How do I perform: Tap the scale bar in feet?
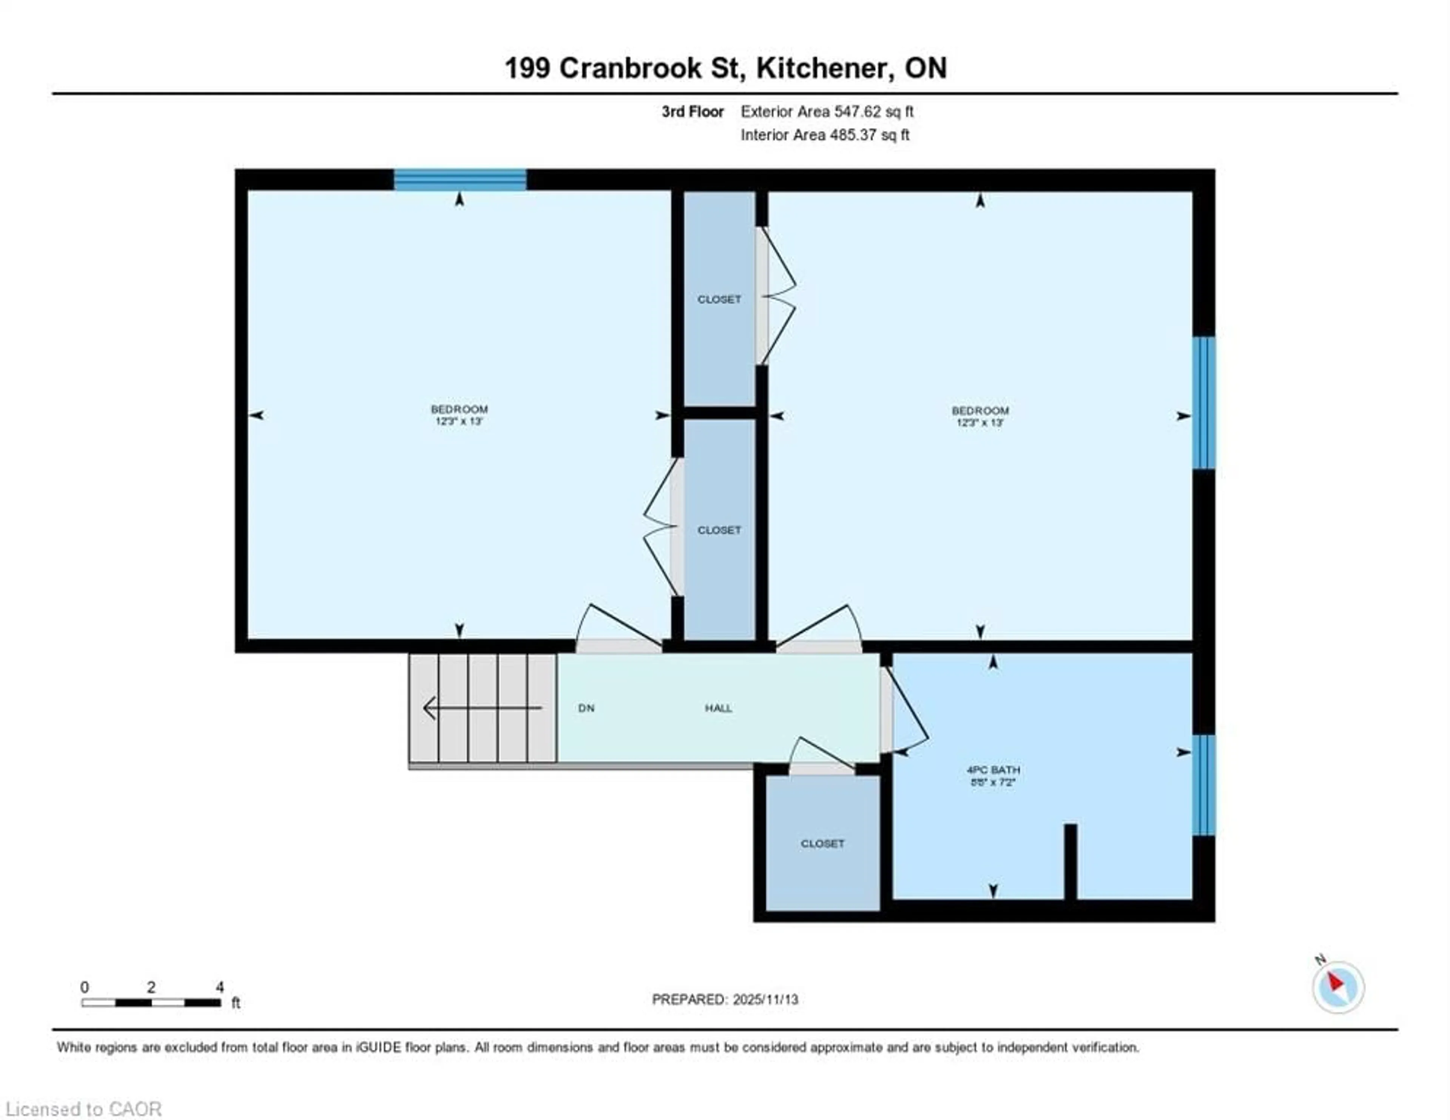pyautogui.click(x=151, y=1003)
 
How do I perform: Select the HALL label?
pyautogui.click(x=718, y=709)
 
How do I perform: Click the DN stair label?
pyautogui.click(x=586, y=709)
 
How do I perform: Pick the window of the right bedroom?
pyautogui.click(x=1204, y=403)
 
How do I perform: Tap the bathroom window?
pyautogui.click(x=1204, y=785)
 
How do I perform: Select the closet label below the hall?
pyautogui.click(x=822, y=844)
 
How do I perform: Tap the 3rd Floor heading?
pyautogui.click(x=693, y=111)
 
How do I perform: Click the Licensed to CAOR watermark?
pyautogui.click(x=83, y=1109)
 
